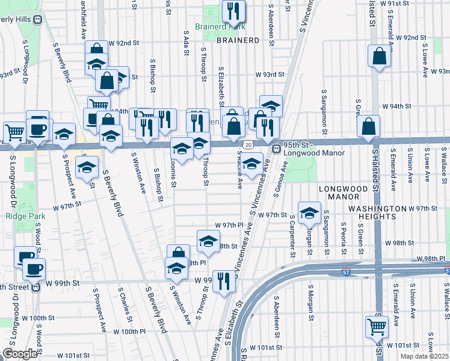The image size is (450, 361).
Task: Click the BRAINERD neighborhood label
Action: pos(237,40)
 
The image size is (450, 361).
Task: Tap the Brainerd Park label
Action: pos(220,27)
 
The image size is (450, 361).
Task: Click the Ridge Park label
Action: pos(22,216)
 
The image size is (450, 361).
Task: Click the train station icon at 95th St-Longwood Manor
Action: pos(276,149)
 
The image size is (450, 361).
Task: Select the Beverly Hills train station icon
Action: pos(37,19)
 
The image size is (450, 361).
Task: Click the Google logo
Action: pos(20,354)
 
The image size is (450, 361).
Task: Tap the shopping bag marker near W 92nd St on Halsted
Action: pos(379,57)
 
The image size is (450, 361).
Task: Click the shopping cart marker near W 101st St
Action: pos(377,327)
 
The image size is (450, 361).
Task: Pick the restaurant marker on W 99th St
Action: pos(223,280)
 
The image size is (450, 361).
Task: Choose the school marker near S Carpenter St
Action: pos(309,212)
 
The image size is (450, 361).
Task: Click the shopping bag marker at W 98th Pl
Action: pos(178,255)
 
